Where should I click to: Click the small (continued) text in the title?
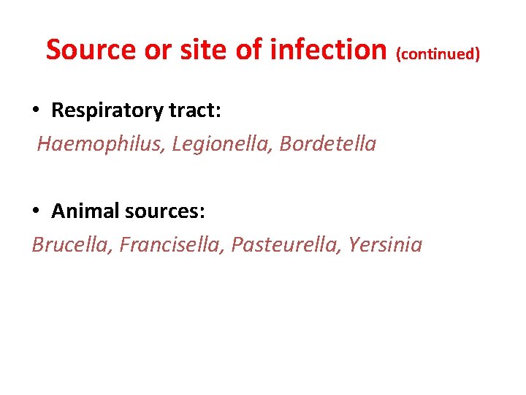coord(438,53)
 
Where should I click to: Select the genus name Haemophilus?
coord(101,144)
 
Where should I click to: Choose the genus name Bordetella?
coord(328,144)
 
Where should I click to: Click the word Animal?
coord(85,211)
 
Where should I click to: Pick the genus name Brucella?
coord(70,244)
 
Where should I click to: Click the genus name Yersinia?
coord(386,244)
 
